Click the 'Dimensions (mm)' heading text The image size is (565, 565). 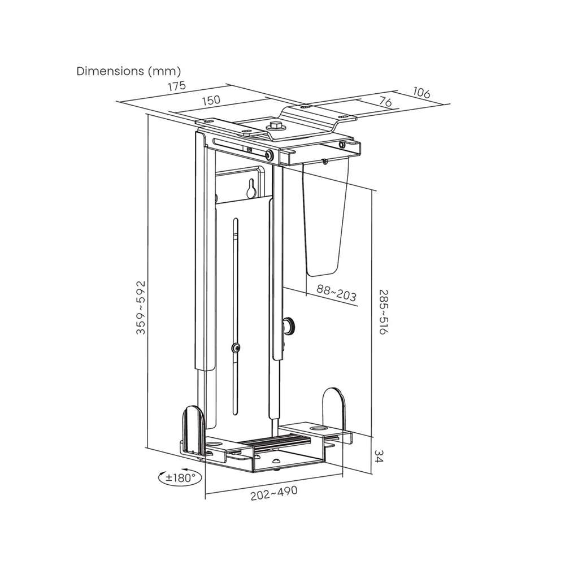[x=129, y=71]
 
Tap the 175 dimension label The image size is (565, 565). [x=176, y=86]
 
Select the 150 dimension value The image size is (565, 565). [x=211, y=100]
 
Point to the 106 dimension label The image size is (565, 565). [x=421, y=93]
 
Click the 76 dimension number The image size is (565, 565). [x=385, y=102]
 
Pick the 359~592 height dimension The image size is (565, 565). [x=141, y=307]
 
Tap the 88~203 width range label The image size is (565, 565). [x=337, y=293]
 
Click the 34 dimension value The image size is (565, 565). [x=379, y=456]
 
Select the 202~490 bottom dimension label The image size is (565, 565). [x=274, y=493]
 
